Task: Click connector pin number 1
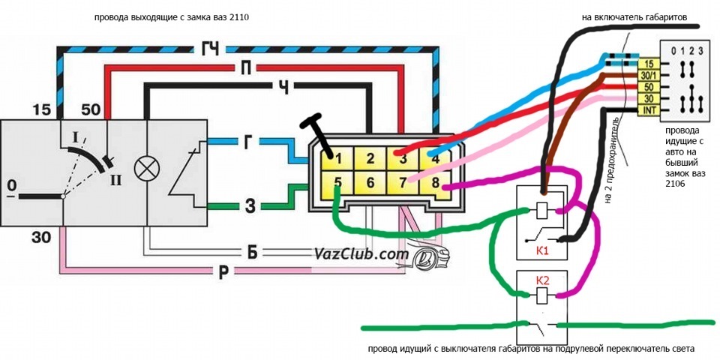point(338,159)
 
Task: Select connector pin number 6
point(370,183)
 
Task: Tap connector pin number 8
point(435,183)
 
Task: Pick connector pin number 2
point(370,159)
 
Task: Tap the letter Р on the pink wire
point(223,271)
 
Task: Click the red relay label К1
point(542,251)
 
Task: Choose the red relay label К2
point(542,279)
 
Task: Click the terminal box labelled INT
point(649,110)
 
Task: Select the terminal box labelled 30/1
point(649,75)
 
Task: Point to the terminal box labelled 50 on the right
point(649,87)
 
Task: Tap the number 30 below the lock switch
point(42,237)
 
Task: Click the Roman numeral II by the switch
point(115,180)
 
